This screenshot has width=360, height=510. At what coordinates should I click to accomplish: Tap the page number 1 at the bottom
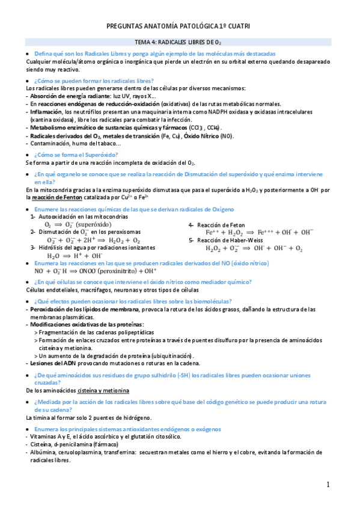click(329, 485)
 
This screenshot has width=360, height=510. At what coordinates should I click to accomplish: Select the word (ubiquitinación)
click(165, 355)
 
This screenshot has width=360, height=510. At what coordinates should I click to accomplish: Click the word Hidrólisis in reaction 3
click(53, 247)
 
